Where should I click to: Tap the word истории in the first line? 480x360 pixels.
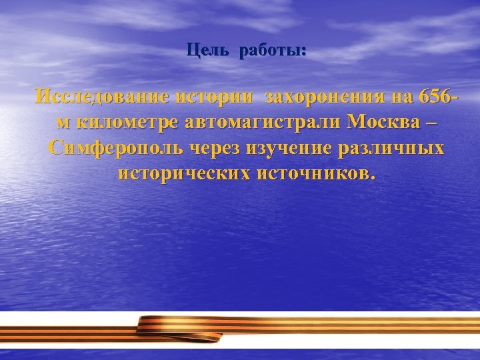pyautogui.click(x=215, y=97)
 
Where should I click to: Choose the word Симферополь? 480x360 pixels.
pyautogui.click(x=118, y=148)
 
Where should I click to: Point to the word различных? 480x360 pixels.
pyautogui.click(x=395, y=148)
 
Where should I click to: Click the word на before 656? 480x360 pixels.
pyautogui.click(x=401, y=97)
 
